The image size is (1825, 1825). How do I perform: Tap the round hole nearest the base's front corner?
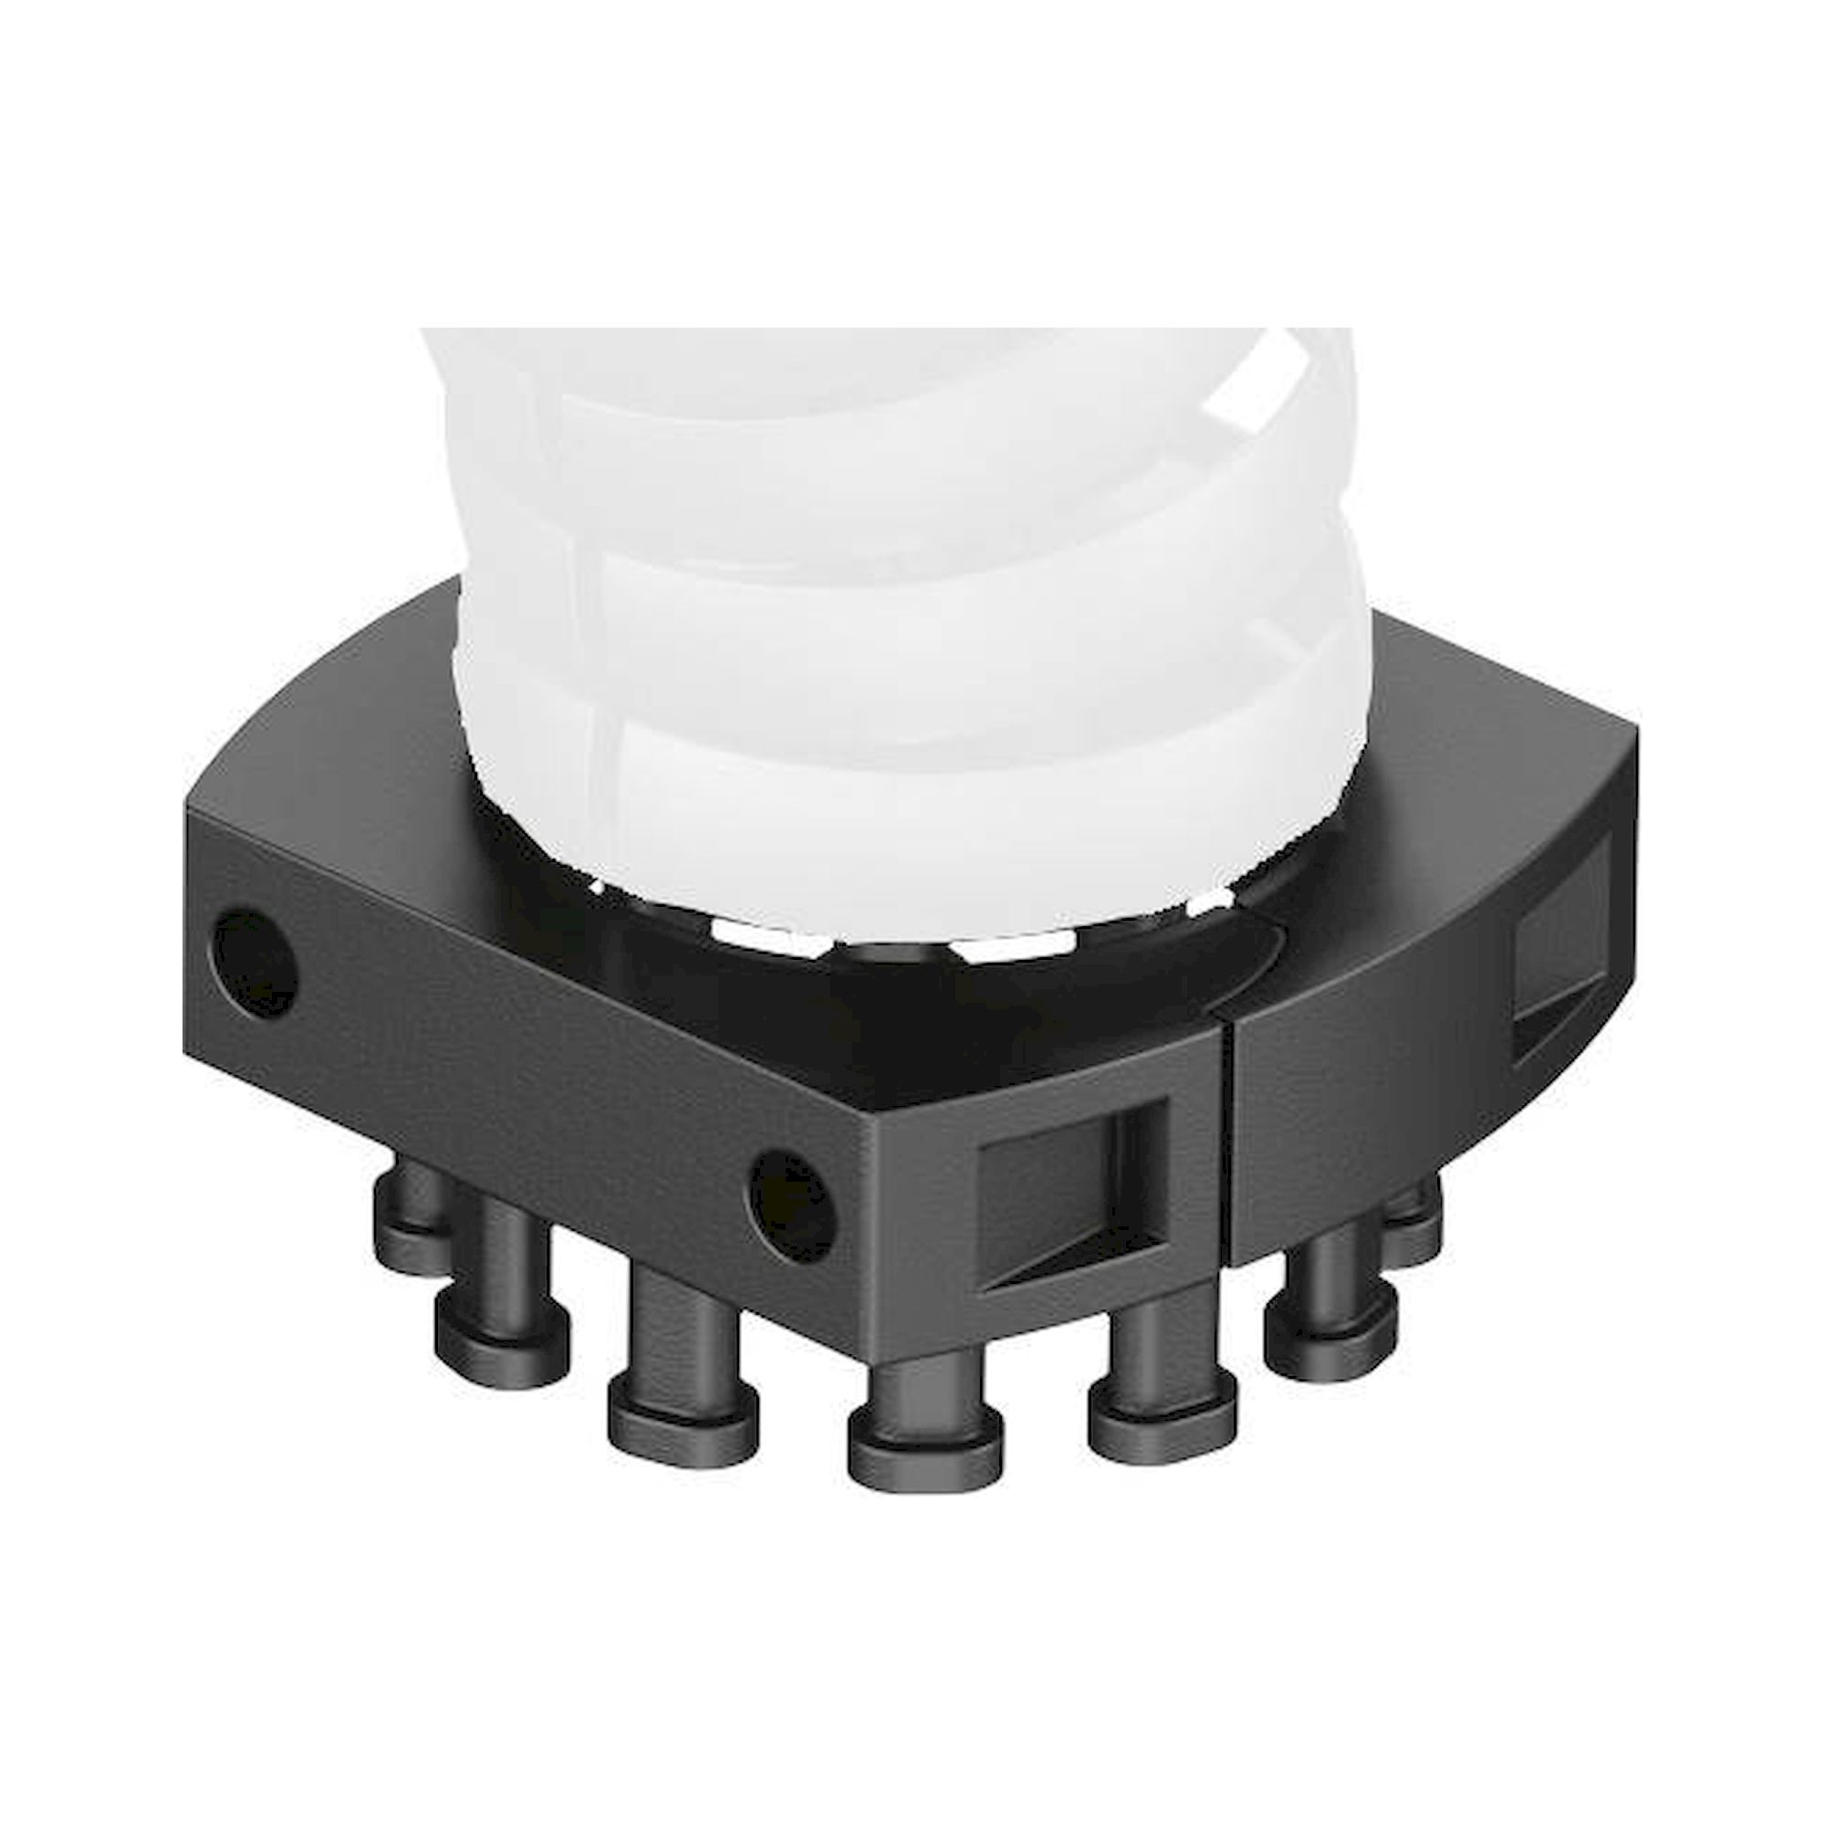click(x=793, y=1206)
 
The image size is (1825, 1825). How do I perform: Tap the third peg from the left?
click(x=682, y=1361)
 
